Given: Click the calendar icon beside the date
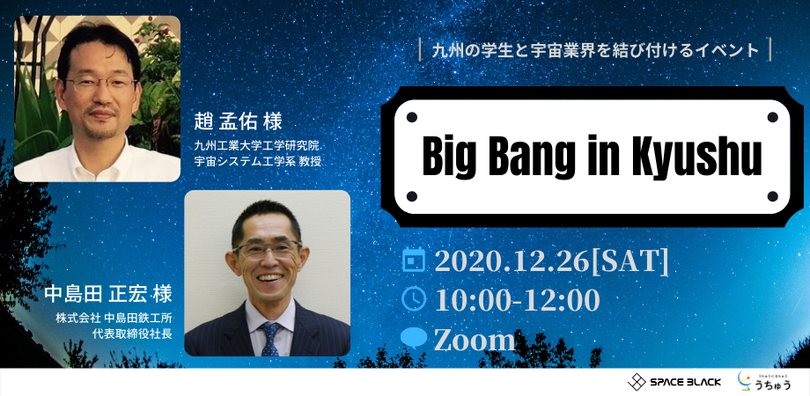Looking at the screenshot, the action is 413,260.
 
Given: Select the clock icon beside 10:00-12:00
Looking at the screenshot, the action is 414,299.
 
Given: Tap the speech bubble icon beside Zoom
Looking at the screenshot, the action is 414,339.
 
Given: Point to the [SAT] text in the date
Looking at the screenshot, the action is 630,260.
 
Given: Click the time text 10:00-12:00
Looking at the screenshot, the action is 517,300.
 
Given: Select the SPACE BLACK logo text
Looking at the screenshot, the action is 685,383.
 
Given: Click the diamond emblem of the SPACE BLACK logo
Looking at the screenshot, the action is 637,382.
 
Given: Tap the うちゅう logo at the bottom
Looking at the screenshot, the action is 763,381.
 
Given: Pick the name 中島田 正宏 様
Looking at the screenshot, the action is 108,294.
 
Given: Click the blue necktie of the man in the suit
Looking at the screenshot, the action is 269,339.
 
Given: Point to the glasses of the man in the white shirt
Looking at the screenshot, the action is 99,84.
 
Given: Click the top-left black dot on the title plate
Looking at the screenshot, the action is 411,117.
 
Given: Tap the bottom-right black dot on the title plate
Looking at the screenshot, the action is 772,196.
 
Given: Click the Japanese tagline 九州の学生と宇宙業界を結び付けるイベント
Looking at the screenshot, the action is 595,50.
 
